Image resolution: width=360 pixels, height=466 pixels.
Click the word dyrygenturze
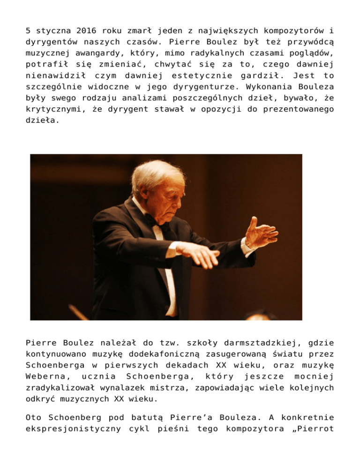(203, 88)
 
